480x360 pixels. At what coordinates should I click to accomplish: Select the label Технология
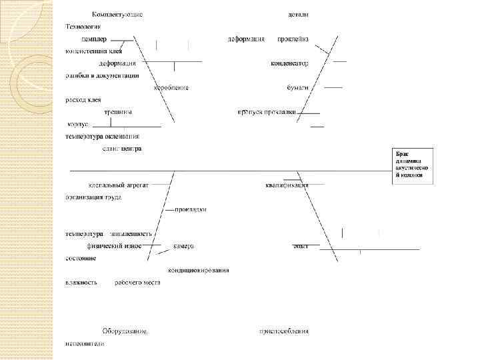(83, 27)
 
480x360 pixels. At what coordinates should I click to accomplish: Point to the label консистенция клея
(94, 51)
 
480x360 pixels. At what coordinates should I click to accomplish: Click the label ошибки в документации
(102, 75)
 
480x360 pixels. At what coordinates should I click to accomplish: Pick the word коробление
(171, 87)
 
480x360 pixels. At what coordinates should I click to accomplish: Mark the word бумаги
(297, 87)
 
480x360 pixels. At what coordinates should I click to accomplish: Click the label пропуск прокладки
(266, 112)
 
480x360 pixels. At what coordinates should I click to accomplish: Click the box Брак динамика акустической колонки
(413, 165)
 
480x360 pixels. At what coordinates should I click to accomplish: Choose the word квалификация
(287, 185)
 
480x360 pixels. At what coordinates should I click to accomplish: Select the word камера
(183, 246)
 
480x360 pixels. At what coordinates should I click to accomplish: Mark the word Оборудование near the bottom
(125, 331)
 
